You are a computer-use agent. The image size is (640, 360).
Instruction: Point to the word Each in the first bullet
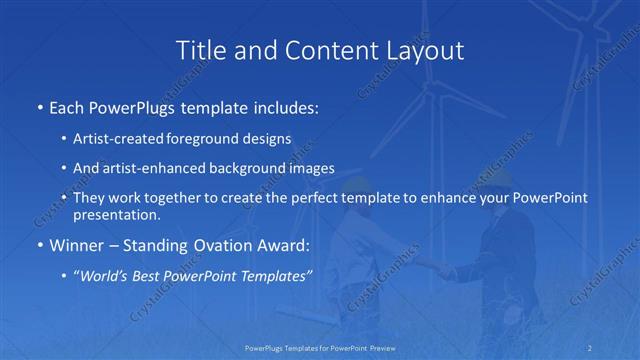[67, 107]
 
